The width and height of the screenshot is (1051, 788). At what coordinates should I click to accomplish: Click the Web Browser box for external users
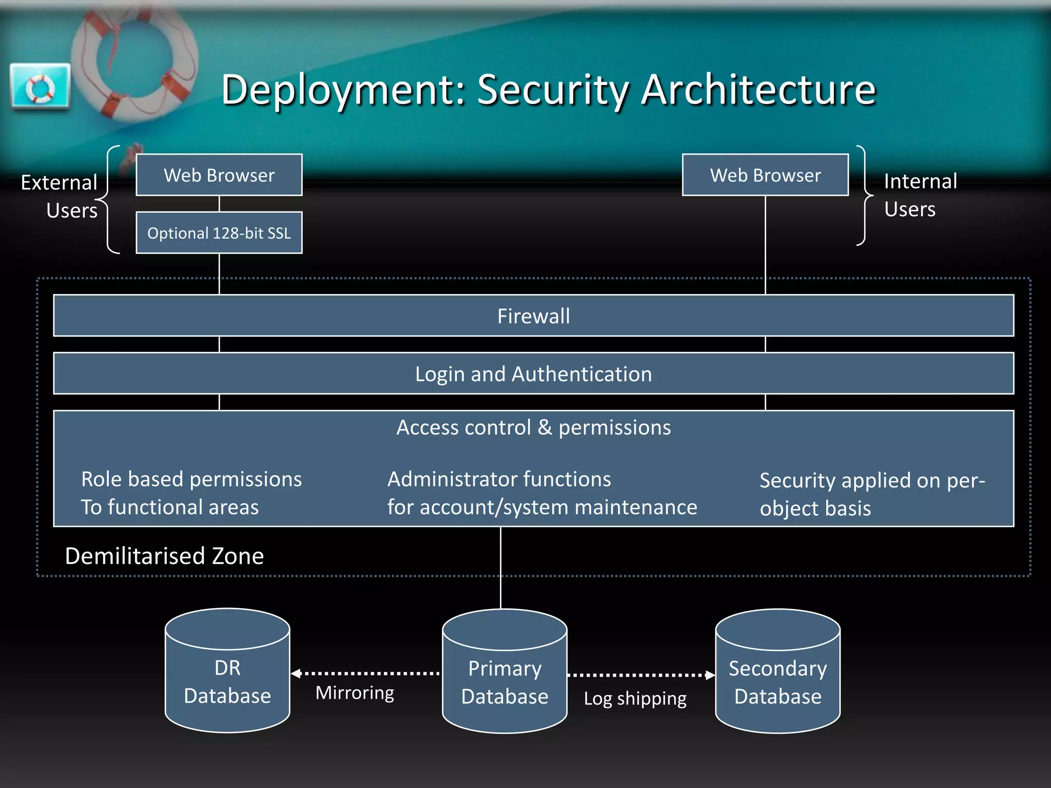[x=219, y=175]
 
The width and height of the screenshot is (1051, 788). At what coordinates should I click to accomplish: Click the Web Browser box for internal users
[x=765, y=175]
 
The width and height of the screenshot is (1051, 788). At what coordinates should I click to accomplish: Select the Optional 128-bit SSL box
[x=219, y=233]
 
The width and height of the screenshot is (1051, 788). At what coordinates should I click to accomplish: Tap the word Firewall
[x=533, y=316]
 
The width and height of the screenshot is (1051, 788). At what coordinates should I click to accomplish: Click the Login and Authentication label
[x=533, y=374]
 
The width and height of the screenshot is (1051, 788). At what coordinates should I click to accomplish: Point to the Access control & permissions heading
[x=533, y=427]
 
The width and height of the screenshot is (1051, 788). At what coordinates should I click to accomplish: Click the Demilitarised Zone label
[x=164, y=556]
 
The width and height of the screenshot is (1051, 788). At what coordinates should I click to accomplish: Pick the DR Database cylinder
[x=227, y=677]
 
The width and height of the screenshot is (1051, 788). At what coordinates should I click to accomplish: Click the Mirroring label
[x=355, y=693]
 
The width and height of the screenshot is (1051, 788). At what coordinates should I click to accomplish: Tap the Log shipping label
[x=635, y=699]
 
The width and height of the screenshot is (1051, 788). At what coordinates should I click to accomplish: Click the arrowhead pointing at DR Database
[x=296, y=673]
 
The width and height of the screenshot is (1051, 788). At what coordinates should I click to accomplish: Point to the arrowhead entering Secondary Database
[x=710, y=675]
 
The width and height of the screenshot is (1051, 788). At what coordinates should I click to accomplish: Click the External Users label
[x=60, y=196]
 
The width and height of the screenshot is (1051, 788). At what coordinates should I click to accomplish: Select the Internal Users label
[x=920, y=195]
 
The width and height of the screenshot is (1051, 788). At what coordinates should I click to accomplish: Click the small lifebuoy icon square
[x=41, y=86]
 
